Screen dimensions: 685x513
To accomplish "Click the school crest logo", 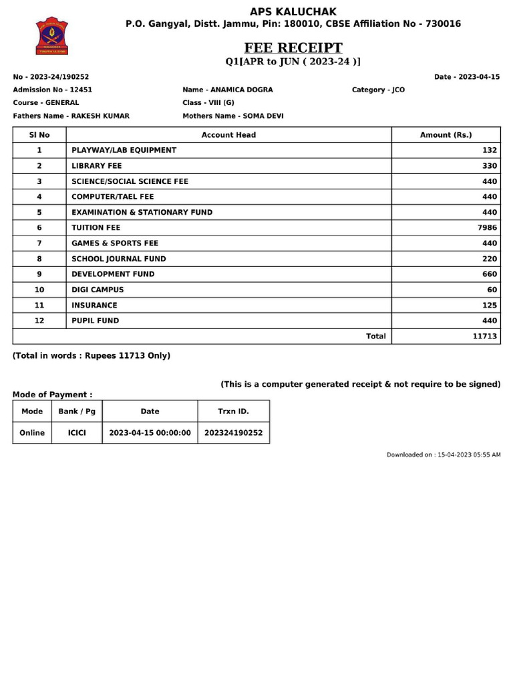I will pyautogui.click(x=52, y=37).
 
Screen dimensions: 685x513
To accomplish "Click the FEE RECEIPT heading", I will pyautogui.click(x=293, y=48).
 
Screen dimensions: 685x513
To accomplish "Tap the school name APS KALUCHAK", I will pyautogui.click(x=293, y=11).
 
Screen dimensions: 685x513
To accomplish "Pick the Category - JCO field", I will pyautogui.click(x=378, y=90).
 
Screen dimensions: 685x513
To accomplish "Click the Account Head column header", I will pyautogui.click(x=228, y=134).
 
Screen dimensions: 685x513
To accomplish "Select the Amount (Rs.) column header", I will pyautogui.click(x=446, y=134).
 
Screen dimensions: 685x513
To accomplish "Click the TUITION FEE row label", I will pyautogui.click(x=96, y=227).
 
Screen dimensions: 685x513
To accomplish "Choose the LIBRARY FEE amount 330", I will pyautogui.click(x=490, y=165).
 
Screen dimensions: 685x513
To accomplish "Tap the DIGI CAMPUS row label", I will pyautogui.click(x=98, y=290).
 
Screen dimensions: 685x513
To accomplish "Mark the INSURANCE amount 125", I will pyautogui.click(x=490, y=305).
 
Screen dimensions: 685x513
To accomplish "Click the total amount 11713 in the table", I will pyautogui.click(x=485, y=336).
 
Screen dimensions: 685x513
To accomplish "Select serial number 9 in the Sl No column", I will pyautogui.click(x=39, y=274).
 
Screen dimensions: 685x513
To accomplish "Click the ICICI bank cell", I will pyautogui.click(x=77, y=433).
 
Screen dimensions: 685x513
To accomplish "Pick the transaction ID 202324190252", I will pyautogui.click(x=233, y=433).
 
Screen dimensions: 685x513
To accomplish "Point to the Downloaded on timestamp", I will pyautogui.click(x=444, y=455).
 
